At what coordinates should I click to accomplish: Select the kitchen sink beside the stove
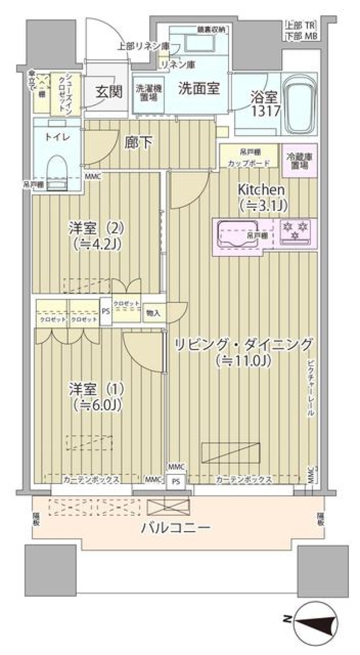[x=238, y=234]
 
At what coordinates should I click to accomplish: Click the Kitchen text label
[x=261, y=190]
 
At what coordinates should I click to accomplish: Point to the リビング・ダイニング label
[x=243, y=344]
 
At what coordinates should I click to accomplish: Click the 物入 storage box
[x=153, y=313]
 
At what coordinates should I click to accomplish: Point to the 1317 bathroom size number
[x=266, y=111]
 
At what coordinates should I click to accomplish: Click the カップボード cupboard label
[x=249, y=163]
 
